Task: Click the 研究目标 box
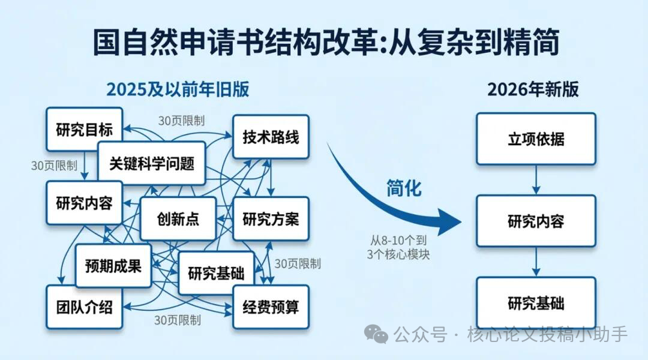(x=84, y=129)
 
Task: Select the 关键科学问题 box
(x=151, y=163)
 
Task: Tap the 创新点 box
(x=178, y=218)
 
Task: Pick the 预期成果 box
(x=113, y=265)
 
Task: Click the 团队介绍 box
(x=84, y=307)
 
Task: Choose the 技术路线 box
(x=271, y=137)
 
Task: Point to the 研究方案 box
(x=271, y=218)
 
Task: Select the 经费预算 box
(x=271, y=307)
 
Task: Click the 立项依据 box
(x=536, y=139)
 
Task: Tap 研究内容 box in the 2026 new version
(x=536, y=221)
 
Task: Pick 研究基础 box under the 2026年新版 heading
(x=536, y=302)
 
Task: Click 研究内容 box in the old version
(x=84, y=203)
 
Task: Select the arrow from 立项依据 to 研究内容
(x=536, y=179)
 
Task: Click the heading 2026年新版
(x=533, y=89)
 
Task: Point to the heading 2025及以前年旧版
(x=178, y=89)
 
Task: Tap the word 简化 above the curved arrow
(x=403, y=188)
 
